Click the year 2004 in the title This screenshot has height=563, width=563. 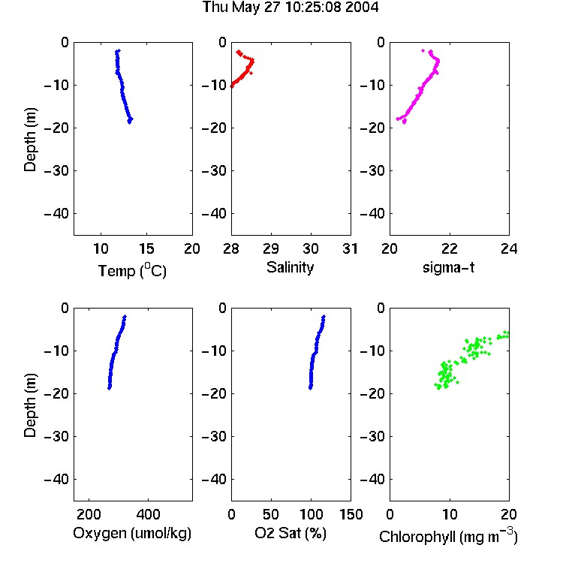pos(362,7)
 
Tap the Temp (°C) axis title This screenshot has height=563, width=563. pos(132,270)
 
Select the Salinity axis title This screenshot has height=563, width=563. pos(290,267)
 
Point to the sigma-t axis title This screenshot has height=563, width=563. pos(448,267)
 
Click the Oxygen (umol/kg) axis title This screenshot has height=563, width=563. pos(132,533)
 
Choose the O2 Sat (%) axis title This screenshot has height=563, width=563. pos(290,533)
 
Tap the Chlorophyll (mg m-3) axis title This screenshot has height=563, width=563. pos(448,536)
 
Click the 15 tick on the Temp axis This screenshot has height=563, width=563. pos(146,248)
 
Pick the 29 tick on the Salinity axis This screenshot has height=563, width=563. pos(271,248)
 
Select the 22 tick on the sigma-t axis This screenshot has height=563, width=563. pos(449,248)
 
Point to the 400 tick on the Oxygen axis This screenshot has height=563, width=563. pos(148,514)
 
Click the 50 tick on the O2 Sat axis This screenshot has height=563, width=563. pos(271,514)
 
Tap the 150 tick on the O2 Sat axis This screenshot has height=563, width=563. pos(351,514)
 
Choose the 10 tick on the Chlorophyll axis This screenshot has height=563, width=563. pos(449,514)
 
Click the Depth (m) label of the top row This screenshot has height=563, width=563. pos(30,140)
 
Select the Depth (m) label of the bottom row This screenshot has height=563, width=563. pos(30,405)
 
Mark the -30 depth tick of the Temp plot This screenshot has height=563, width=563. pos(56,170)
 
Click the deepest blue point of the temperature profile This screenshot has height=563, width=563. pos(130,122)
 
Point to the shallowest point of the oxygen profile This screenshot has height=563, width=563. pos(125,317)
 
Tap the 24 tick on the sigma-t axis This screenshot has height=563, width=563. pos(509,248)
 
